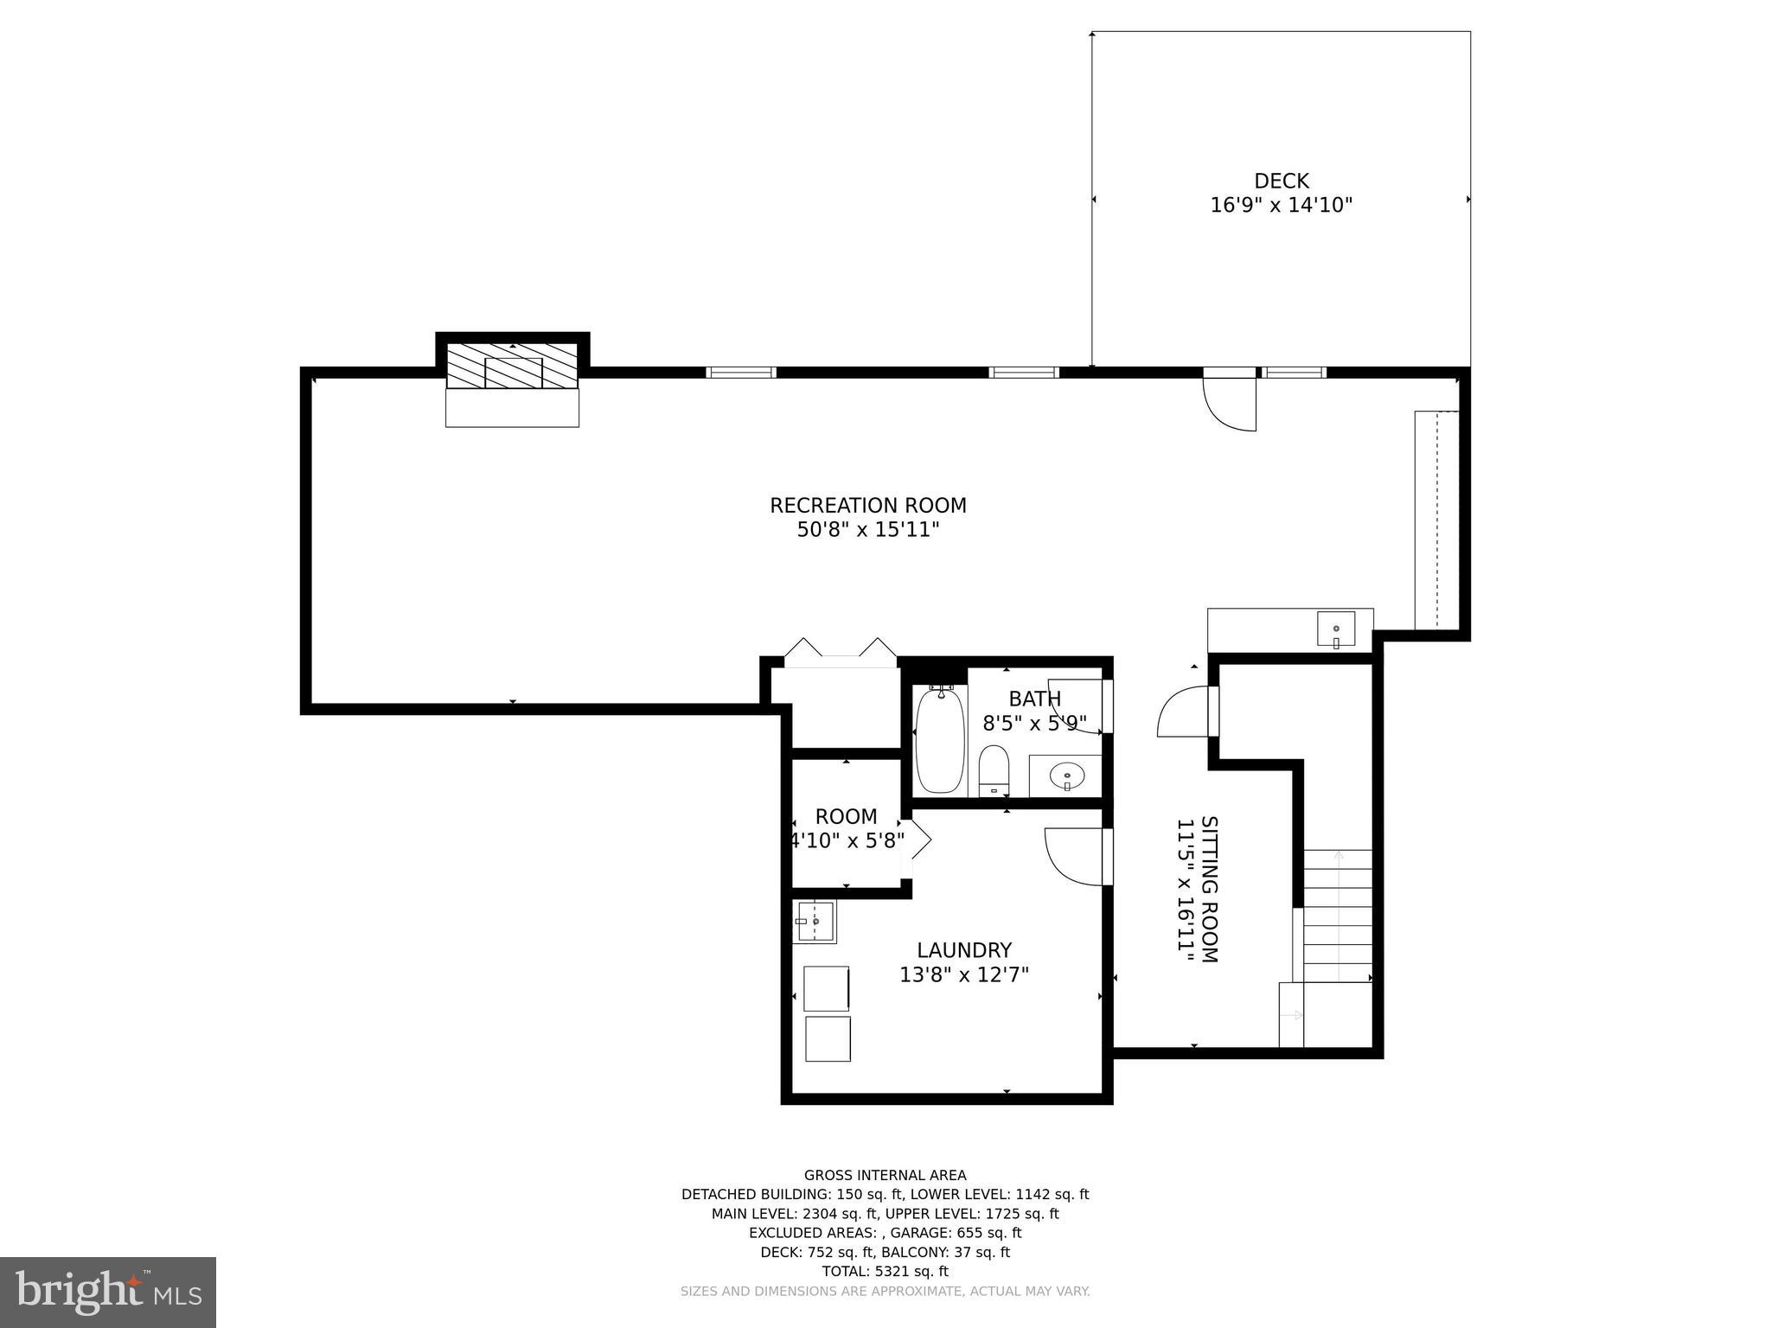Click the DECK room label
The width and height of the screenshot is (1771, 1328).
pyautogui.click(x=1281, y=182)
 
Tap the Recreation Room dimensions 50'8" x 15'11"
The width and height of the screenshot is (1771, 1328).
pyautogui.click(x=867, y=530)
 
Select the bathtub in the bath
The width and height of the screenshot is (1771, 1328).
pyautogui.click(x=939, y=739)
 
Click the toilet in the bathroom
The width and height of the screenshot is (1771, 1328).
pyautogui.click(x=994, y=769)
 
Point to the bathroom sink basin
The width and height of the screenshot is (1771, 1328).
pyautogui.click(x=1067, y=776)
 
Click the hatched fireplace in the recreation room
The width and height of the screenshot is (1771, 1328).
pyautogui.click(x=512, y=366)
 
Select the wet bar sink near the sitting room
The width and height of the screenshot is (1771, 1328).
pyautogui.click(x=1335, y=629)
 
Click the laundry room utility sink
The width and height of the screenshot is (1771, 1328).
pyautogui.click(x=815, y=922)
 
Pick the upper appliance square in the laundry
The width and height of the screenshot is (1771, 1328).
pyautogui.click(x=827, y=988)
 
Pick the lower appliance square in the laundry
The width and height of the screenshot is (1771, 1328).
pyautogui.click(x=828, y=1038)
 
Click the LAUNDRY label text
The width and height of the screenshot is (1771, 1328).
pyautogui.click(x=964, y=951)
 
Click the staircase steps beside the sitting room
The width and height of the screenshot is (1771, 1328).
pyautogui.click(x=1337, y=916)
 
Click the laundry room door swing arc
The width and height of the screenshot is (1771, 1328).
pyautogui.click(x=1074, y=857)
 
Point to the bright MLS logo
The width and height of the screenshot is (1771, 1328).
pyautogui.click(x=107, y=1292)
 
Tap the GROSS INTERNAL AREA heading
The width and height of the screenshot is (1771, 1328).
pyautogui.click(x=885, y=1175)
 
